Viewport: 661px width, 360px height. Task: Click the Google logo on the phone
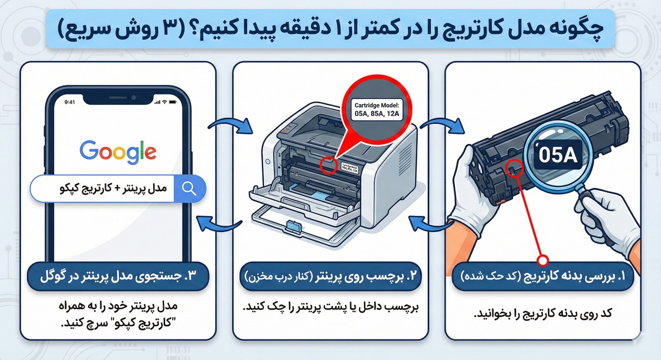point(118,151)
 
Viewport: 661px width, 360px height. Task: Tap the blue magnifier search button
point(189,189)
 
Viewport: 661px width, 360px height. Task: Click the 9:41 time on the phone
point(70,102)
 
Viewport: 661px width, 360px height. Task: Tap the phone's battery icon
point(173,102)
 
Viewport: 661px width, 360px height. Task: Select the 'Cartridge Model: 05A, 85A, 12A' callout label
point(376,109)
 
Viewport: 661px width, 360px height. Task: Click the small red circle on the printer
point(329,165)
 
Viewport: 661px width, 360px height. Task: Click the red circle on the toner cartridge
point(515,168)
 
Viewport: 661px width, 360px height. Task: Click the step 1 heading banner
point(542,276)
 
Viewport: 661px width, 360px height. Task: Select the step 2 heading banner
point(330,276)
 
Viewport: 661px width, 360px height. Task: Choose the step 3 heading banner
point(118,276)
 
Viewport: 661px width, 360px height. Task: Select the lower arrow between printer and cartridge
point(430,225)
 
